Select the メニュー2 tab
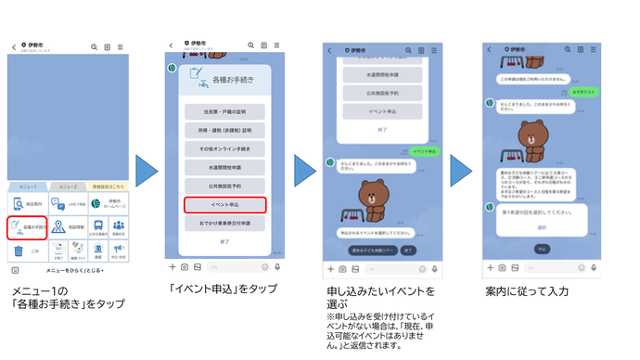[x=67, y=186]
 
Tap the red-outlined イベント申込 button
[x=224, y=204]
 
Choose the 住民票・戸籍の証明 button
[x=224, y=112]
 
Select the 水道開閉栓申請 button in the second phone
[x=224, y=168]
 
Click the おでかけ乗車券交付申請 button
[x=224, y=224]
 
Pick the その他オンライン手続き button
[x=224, y=149]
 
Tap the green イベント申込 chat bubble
[x=424, y=151]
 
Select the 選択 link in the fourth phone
[x=542, y=226]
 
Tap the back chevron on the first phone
[x=14, y=46]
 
